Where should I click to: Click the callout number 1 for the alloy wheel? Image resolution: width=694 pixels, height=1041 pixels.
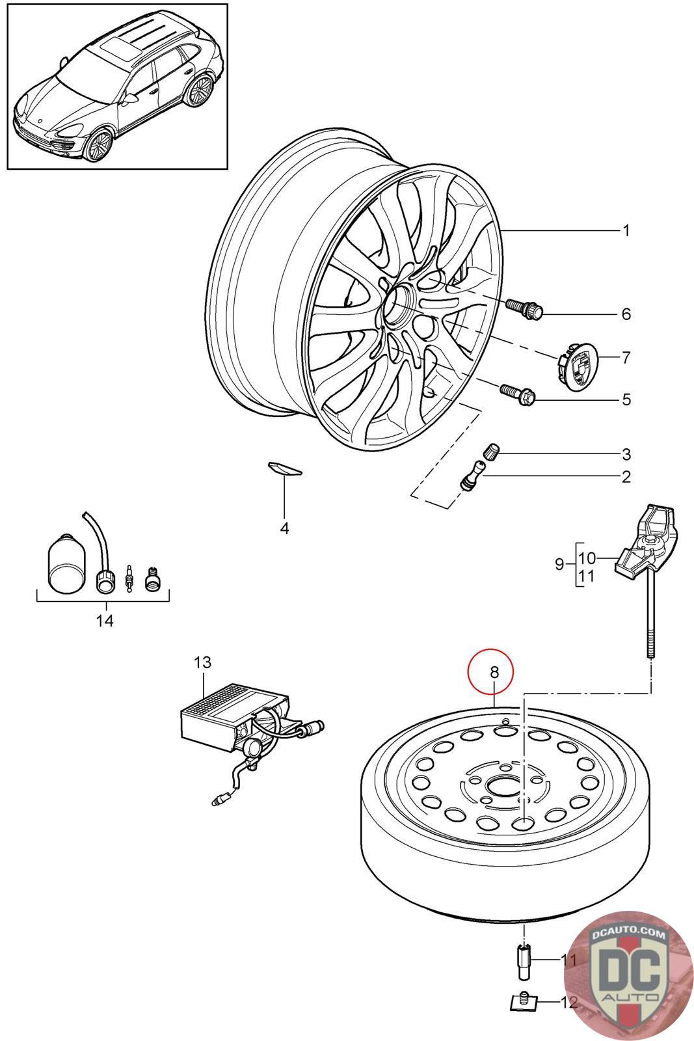click(625, 230)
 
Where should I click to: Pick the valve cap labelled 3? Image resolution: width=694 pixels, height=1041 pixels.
click(489, 451)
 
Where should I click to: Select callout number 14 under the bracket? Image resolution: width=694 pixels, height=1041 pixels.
click(105, 620)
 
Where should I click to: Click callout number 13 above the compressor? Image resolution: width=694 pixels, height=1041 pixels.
click(202, 663)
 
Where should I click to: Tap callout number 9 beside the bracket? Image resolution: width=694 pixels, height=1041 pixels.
click(559, 564)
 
